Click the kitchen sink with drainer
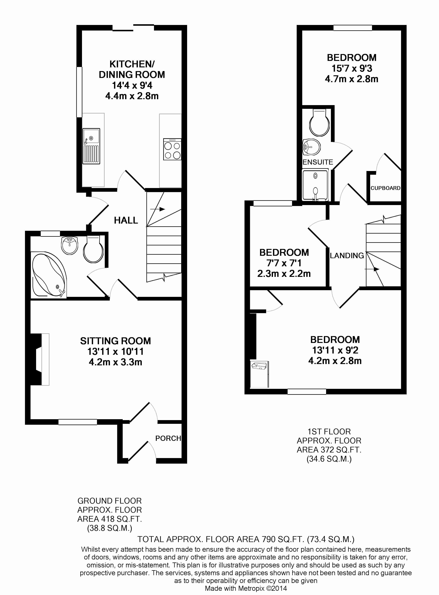[x=91, y=146]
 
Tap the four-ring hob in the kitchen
[x=172, y=149]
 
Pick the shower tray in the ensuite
[x=315, y=185]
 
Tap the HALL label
[x=126, y=220]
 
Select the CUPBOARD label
[x=385, y=188]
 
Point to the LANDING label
[x=347, y=256]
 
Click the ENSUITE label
[x=318, y=162]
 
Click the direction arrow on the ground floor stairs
[x=157, y=209]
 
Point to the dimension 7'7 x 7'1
[x=284, y=263]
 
